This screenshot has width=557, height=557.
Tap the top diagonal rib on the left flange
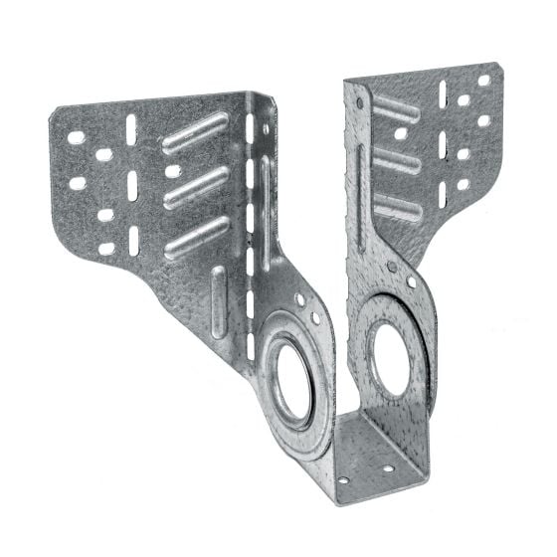[x=195, y=133]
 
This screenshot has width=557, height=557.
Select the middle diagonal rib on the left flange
[x=195, y=187]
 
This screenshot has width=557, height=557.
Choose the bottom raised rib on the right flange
[x=397, y=207]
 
